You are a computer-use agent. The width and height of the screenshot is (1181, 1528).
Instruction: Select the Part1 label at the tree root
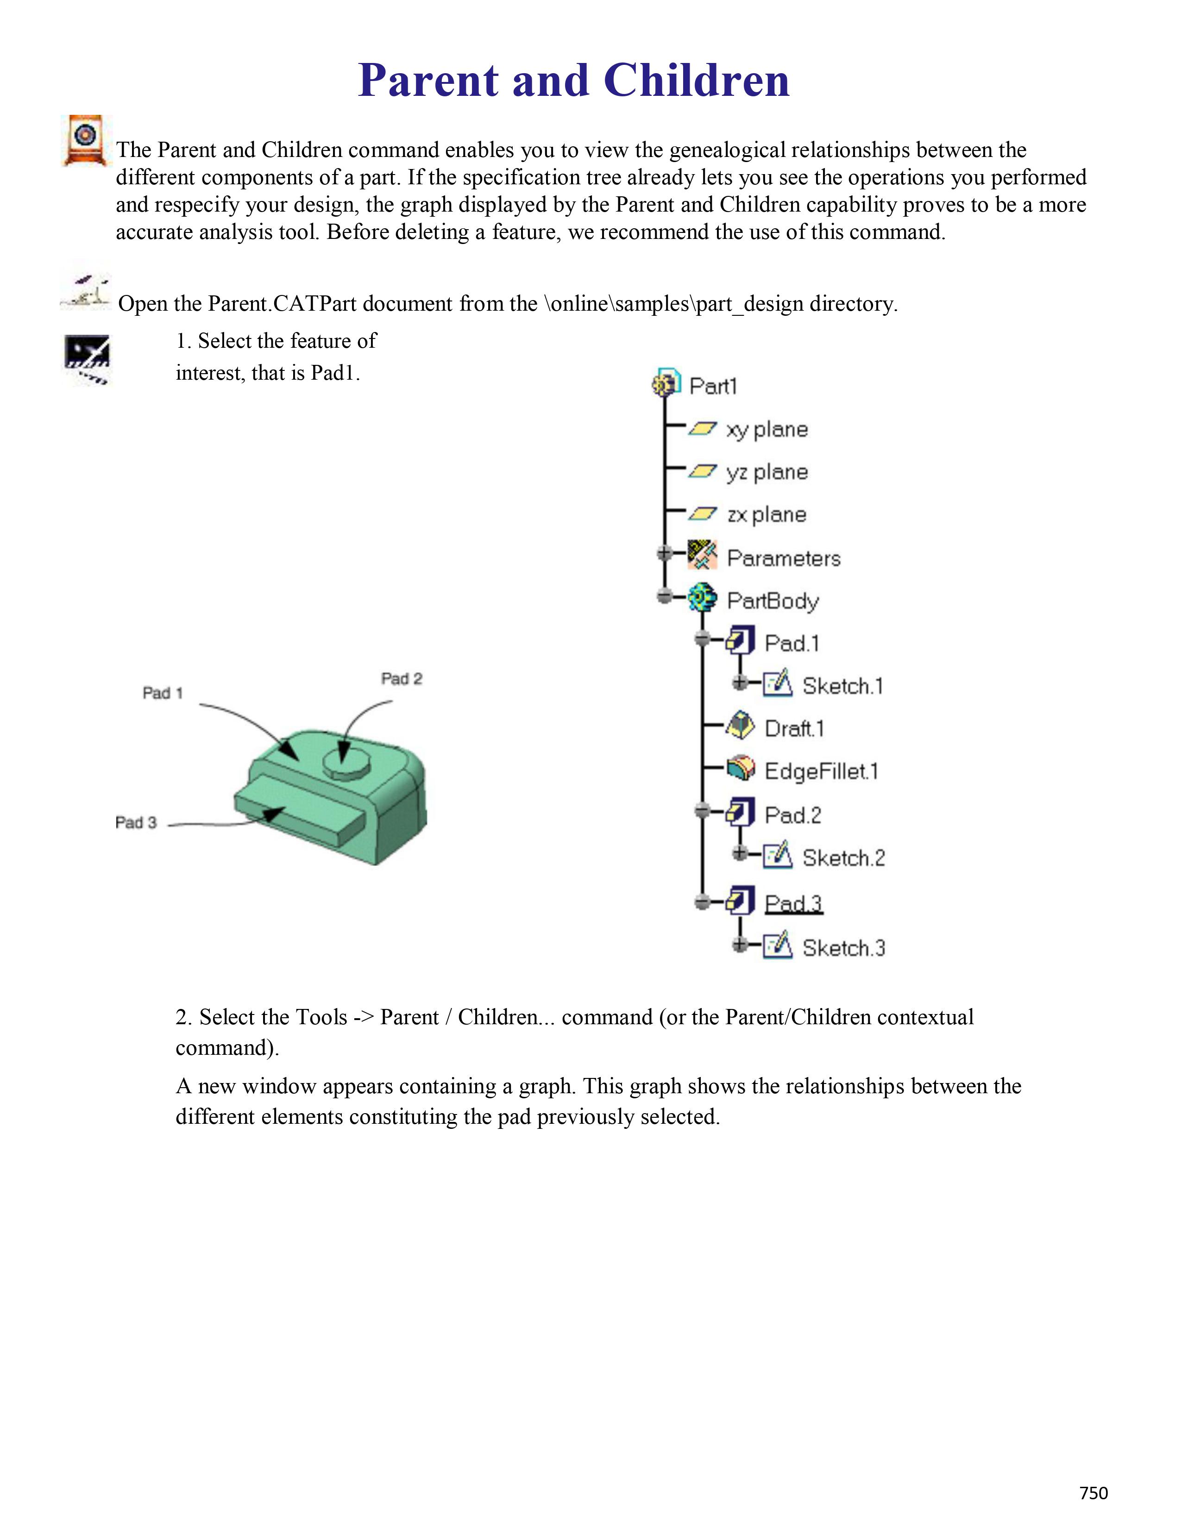713,386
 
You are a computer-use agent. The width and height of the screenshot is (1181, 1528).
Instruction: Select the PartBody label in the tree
773,600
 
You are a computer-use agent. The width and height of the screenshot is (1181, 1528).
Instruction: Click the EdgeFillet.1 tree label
821,771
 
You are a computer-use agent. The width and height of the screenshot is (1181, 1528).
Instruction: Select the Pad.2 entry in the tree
792,815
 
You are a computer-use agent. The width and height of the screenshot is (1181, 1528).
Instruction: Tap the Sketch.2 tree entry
843,858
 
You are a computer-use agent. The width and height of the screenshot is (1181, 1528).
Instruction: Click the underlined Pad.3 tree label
793,903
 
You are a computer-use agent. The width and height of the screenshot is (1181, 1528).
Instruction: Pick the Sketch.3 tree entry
843,948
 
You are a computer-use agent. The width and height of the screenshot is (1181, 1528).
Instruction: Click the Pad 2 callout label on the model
402,679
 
